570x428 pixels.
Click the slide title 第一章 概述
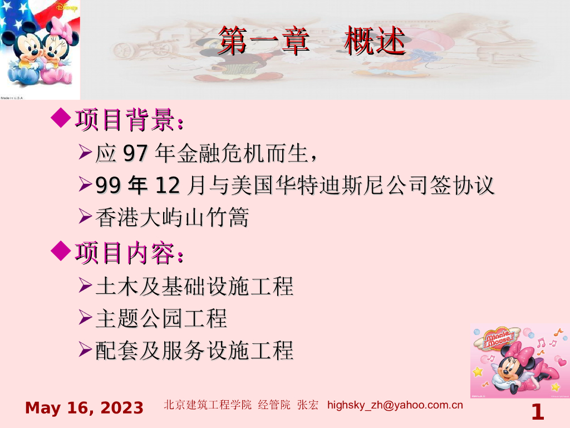click(x=311, y=41)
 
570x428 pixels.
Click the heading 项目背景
click(x=129, y=120)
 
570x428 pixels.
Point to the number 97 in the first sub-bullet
click(x=135, y=154)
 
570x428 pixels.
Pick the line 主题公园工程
click(x=161, y=319)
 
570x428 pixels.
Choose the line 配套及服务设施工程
click(x=194, y=351)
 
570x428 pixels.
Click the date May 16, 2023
click(x=85, y=408)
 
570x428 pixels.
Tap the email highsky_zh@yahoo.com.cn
click(x=395, y=405)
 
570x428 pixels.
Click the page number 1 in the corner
click(x=537, y=413)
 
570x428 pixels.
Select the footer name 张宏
click(x=308, y=405)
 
